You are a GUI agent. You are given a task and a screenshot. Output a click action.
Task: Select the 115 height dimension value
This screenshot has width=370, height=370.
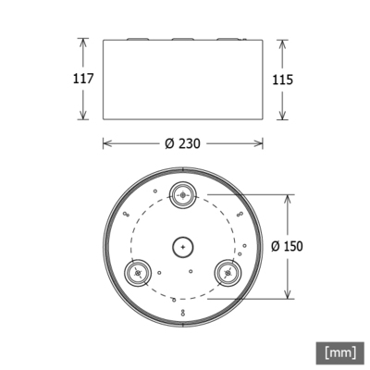click(283, 80)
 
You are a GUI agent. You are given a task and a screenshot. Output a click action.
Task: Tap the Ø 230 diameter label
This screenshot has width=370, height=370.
click(183, 144)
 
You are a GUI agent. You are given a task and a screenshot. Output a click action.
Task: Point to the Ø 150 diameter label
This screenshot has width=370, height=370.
click(288, 246)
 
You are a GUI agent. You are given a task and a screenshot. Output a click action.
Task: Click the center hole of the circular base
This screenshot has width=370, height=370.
click(183, 247)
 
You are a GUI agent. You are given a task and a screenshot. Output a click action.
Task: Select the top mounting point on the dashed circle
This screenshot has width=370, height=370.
click(183, 194)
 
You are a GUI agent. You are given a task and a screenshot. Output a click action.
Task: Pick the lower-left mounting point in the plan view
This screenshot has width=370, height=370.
click(138, 273)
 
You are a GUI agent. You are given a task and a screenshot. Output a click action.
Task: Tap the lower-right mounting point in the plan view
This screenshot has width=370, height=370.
click(228, 273)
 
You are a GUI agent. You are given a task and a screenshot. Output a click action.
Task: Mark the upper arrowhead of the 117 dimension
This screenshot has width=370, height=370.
click(82, 41)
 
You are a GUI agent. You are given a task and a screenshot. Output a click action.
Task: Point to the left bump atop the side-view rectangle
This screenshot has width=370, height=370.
click(135, 40)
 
